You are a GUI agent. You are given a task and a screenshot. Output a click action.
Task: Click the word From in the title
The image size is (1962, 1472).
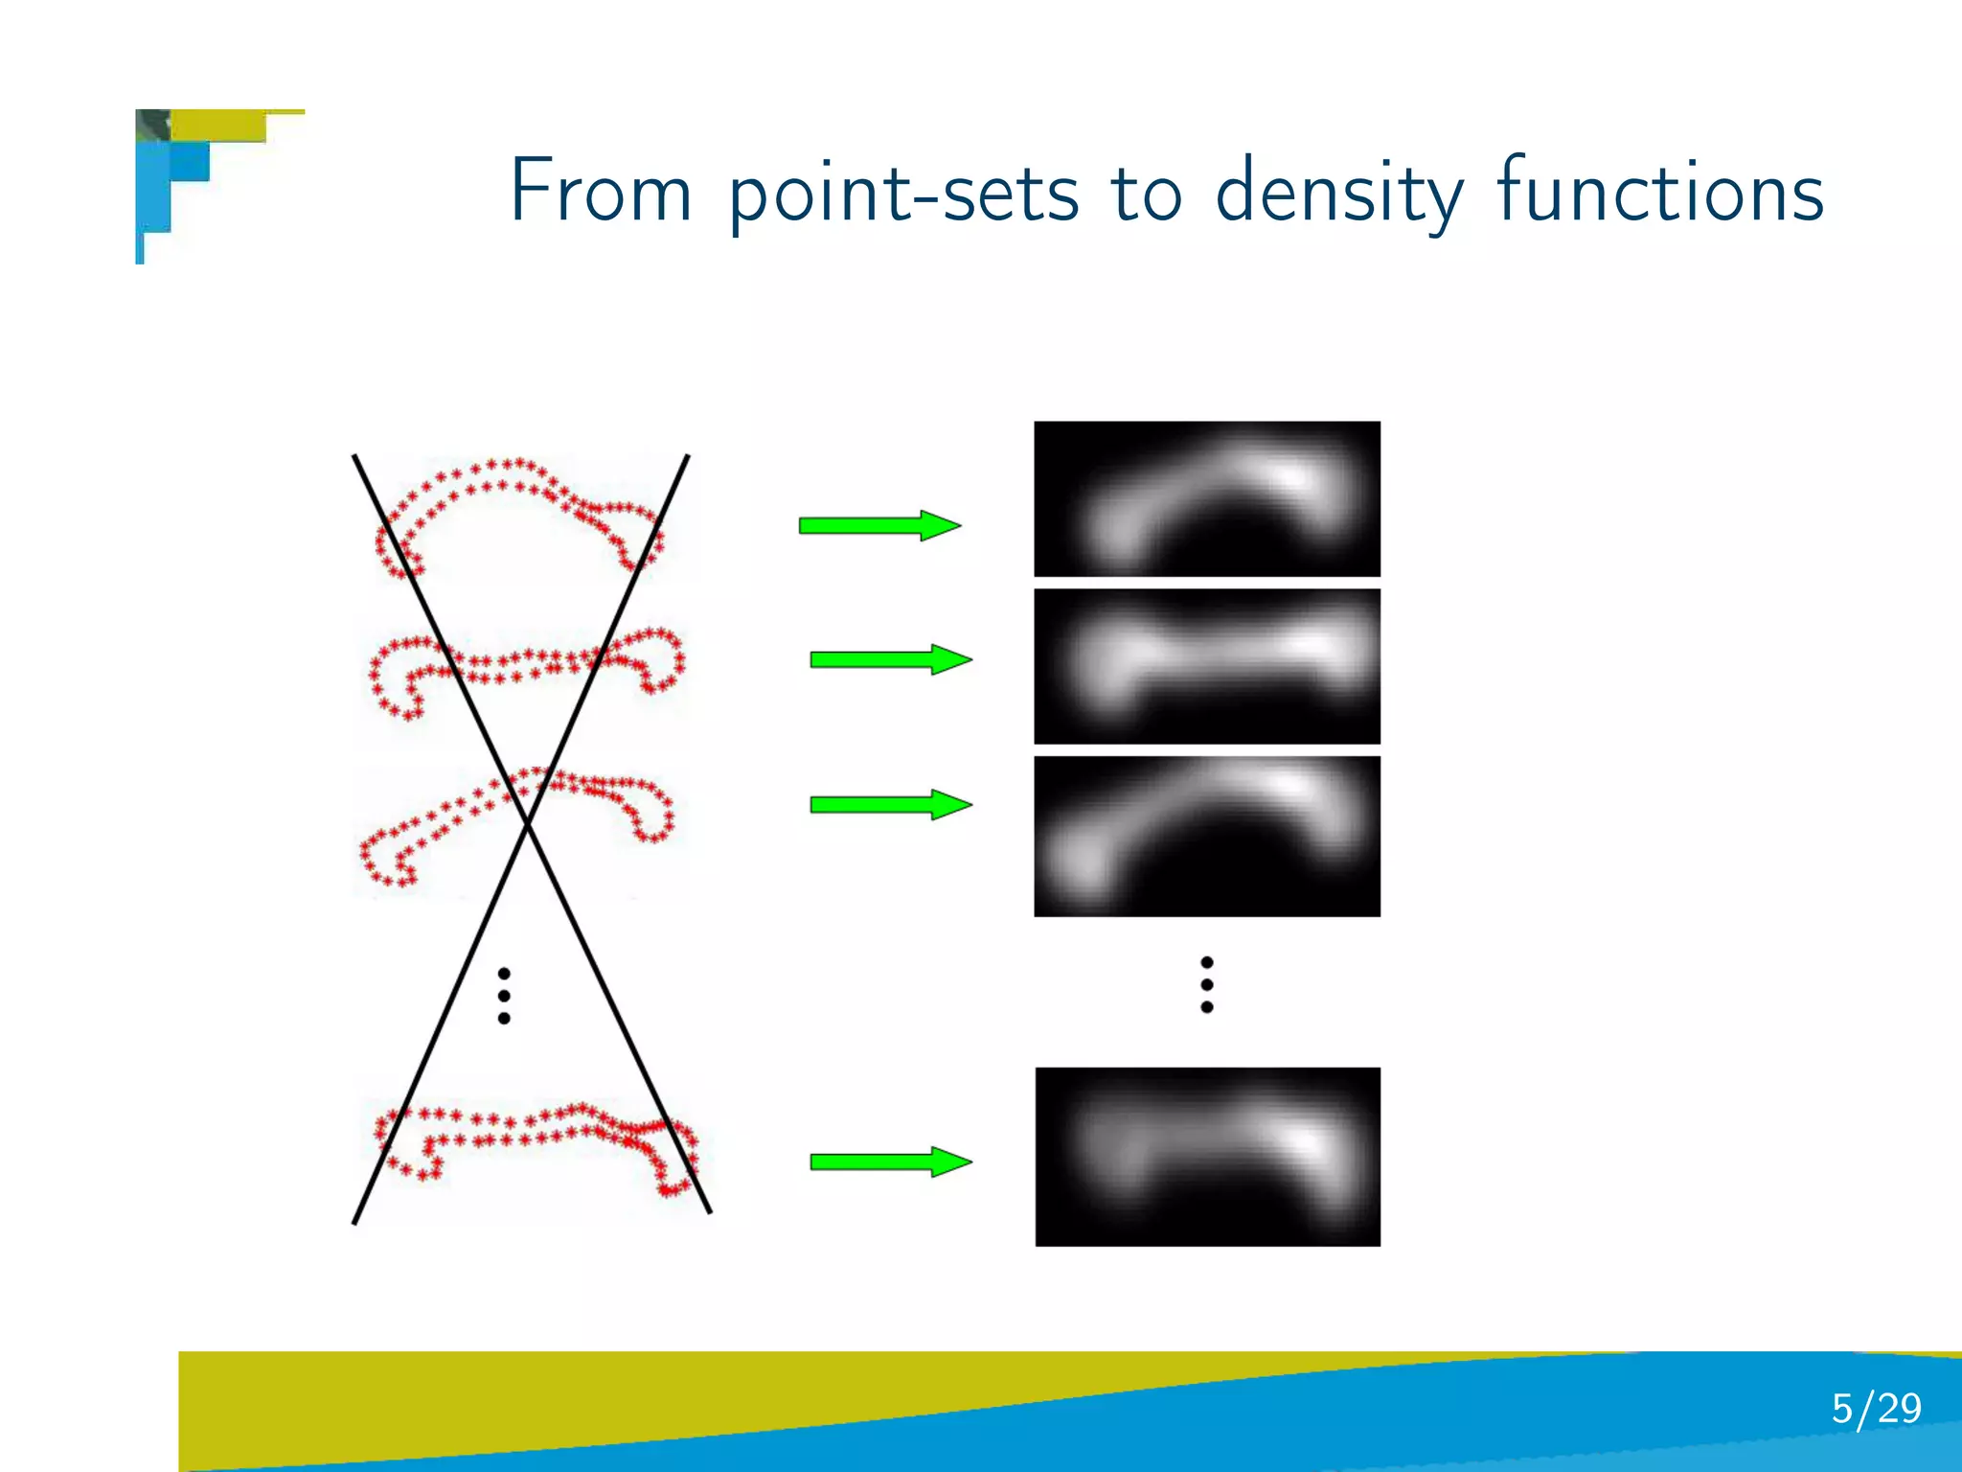[x=600, y=192]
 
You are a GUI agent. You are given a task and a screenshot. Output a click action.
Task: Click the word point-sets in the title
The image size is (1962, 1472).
[x=903, y=195]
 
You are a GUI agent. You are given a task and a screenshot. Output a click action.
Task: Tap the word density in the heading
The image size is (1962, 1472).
[x=1339, y=195]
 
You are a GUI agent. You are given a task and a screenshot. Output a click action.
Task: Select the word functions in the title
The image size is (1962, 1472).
[x=1659, y=192]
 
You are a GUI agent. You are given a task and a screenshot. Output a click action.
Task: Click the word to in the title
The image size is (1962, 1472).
[x=1147, y=194]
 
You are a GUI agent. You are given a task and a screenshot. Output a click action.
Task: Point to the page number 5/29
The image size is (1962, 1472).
[x=1876, y=1408]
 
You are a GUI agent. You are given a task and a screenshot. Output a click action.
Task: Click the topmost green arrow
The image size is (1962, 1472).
[x=878, y=525]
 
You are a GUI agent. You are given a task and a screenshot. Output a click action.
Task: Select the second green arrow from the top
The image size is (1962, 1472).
[x=890, y=659]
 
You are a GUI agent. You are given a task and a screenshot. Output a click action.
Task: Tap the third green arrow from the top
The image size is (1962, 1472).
[x=890, y=804]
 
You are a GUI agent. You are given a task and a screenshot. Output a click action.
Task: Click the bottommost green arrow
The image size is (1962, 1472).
[x=890, y=1161]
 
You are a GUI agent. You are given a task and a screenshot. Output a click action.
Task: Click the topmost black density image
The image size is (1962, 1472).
[x=1207, y=498]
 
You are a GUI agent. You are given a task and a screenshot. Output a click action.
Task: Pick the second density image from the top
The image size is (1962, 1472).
[x=1207, y=666]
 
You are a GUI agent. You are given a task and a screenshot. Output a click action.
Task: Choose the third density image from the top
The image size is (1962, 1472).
[x=1207, y=836]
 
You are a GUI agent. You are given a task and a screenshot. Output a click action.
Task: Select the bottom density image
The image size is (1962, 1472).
[x=1207, y=1156]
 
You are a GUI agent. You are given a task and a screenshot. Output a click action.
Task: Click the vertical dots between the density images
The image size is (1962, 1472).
[x=1207, y=984]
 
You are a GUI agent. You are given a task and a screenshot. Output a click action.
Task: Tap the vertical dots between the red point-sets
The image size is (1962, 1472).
[x=504, y=996]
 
